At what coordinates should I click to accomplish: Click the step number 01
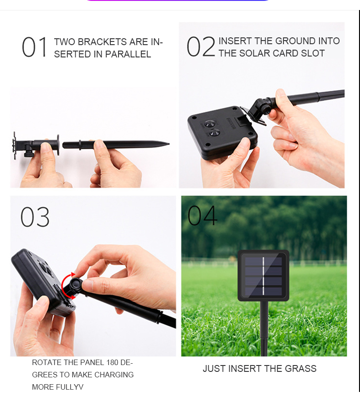(35, 47)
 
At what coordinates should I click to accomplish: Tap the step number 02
(201, 47)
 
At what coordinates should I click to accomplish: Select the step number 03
(35, 217)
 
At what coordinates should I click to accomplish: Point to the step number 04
(202, 216)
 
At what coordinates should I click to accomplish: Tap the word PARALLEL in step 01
(128, 54)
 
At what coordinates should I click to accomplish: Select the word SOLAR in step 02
(254, 53)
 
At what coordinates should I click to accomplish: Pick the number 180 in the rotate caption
(112, 362)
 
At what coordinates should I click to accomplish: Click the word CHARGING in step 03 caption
(114, 375)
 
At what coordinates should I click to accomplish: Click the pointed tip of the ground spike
(169, 144)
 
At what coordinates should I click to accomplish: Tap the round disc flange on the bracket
(58, 144)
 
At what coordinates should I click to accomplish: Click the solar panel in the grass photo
(263, 276)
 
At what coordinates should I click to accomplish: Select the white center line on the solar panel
(263, 276)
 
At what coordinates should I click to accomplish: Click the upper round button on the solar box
(210, 124)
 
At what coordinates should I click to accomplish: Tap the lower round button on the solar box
(215, 132)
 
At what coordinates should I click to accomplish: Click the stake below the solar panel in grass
(264, 329)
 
